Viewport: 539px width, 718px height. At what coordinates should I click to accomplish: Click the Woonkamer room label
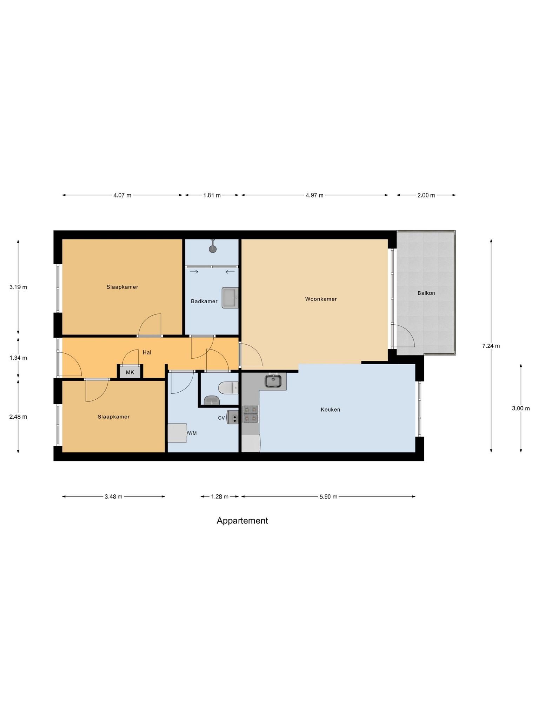(x=321, y=299)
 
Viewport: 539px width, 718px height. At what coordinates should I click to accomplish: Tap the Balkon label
(x=426, y=293)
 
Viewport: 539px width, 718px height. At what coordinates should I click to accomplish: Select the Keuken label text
(x=330, y=409)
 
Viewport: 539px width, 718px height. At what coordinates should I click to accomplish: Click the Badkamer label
(x=204, y=301)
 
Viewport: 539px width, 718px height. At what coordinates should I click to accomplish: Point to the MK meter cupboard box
(x=130, y=372)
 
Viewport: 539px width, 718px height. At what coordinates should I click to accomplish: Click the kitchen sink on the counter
(x=273, y=381)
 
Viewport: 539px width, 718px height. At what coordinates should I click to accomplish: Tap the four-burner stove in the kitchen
(x=251, y=414)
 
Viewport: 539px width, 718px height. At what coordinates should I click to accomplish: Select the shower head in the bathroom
(x=212, y=249)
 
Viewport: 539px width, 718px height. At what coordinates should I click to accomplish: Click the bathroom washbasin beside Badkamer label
(x=230, y=298)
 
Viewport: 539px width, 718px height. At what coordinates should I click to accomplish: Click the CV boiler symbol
(x=233, y=417)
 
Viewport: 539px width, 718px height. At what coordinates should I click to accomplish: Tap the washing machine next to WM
(x=177, y=433)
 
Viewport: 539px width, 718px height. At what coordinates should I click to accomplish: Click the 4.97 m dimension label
(x=314, y=195)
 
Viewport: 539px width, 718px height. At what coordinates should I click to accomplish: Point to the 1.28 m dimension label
(x=220, y=496)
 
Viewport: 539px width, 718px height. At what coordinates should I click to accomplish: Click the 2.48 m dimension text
(x=18, y=417)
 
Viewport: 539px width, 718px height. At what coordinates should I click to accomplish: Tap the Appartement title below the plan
(x=242, y=521)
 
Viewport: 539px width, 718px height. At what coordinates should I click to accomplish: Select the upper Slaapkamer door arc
(x=150, y=324)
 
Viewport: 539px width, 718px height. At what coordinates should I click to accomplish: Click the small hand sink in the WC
(x=212, y=400)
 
